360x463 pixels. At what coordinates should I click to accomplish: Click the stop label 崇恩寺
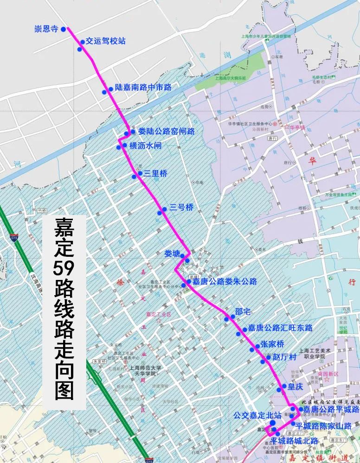46,29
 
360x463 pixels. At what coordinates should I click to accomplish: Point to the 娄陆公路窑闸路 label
166,132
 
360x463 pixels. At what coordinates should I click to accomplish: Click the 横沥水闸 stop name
146,146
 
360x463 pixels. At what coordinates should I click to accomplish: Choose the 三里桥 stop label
155,174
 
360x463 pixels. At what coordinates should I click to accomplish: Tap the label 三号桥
181,208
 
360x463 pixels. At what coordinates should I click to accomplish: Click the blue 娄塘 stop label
172,254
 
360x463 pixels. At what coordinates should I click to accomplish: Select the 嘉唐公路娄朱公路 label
225,281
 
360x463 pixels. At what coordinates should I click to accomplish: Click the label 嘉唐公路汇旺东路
280,328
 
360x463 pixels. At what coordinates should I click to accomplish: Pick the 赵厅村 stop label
284,357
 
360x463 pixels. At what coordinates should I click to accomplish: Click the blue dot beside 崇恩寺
63,30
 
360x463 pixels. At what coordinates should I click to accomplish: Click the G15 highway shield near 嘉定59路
13,237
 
